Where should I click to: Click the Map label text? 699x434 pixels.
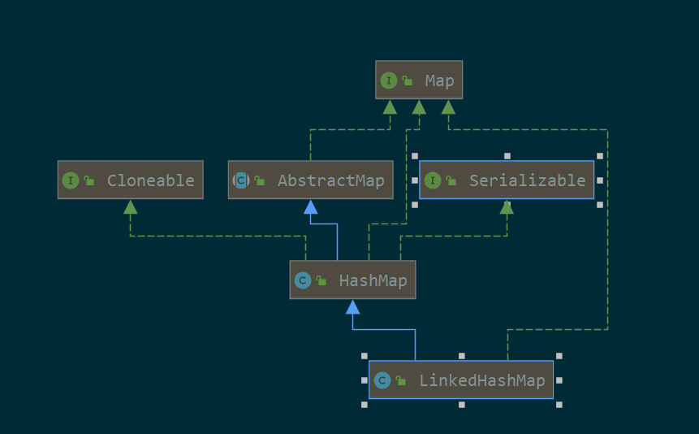[x=439, y=80]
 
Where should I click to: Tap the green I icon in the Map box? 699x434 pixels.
[x=390, y=80]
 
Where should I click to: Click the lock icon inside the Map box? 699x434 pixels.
[x=408, y=80]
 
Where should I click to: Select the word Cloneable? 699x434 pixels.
[x=150, y=180]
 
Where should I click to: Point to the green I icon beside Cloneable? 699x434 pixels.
[x=71, y=180]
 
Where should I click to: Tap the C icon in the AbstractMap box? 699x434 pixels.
[x=240, y=180]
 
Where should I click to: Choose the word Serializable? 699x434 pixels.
[x=527, y=180]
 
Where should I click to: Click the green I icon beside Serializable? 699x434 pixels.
[x=433, y=180]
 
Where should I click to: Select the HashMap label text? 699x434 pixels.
[x=373, y=280]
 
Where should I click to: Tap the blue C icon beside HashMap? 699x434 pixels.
[x=302, y=280]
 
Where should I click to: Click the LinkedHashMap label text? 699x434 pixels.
[x=481, y=380]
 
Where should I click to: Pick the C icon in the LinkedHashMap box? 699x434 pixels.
[x=382, y=380]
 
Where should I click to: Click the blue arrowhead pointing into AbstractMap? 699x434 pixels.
[x=310, y=206]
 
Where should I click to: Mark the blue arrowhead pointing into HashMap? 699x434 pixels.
[x=352, y=306]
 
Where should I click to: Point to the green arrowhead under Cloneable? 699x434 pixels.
[x=130, y=206]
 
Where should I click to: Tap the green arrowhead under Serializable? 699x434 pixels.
[x=507, y=206]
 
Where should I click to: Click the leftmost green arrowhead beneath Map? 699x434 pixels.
[x=390, y=106]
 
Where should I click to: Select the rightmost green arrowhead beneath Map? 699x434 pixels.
[x=448, y=106]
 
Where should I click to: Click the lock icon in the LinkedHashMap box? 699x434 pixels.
[x=401, y=380]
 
